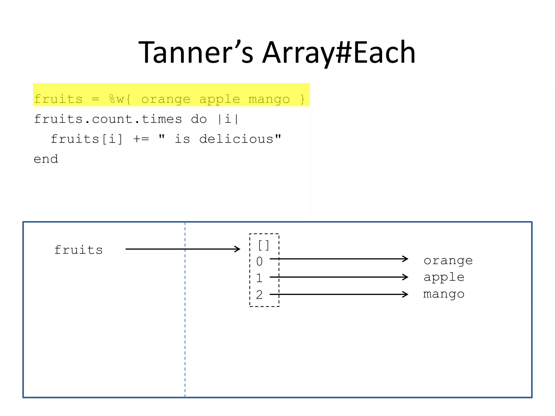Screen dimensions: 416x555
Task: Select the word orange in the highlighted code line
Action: tap(166, 99)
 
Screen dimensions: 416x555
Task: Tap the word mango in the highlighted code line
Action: tap(269, 99)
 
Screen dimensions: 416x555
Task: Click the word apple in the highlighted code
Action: tap(220, 99)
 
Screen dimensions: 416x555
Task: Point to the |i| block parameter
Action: tap(228, 119)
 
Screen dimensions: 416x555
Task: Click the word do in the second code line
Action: tap(199, 119)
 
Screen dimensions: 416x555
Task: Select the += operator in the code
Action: tap(141, 139)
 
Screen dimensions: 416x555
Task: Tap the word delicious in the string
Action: tap(236, 139)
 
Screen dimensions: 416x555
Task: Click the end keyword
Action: tap(46, 159)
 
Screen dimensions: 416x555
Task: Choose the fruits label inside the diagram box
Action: tap(78, 250)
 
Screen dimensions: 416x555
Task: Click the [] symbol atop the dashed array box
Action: tap(263, 245)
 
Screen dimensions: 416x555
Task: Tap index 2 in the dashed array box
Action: tap(259, 295)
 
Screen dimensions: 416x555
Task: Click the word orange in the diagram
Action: tap(448, 261)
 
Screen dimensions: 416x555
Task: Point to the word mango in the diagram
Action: tap(444, 294)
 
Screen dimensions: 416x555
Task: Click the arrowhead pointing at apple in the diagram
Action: tap(405, 277)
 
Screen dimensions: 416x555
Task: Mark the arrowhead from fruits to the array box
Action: tap(237, 249)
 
